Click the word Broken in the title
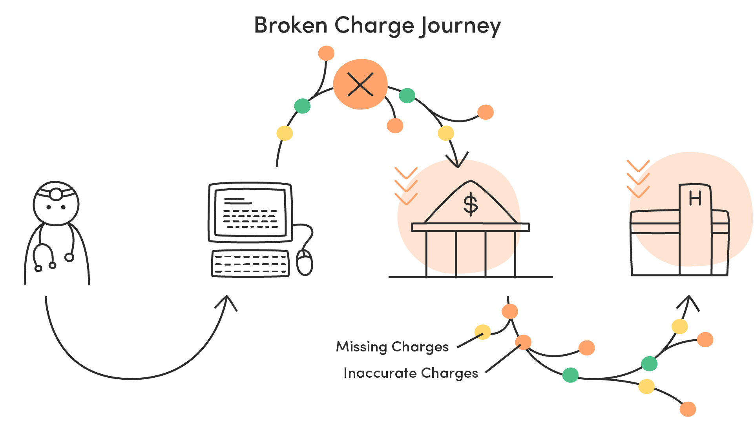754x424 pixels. pos(291,25)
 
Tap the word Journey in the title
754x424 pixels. pos(460,27)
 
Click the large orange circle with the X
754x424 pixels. pos(360,84)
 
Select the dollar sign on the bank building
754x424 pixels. pos(471,204)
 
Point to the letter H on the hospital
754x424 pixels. pos(695,198)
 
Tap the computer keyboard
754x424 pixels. pos(250,264)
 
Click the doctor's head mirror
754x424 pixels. pos(56,194)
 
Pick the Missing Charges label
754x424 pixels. pos(392,347)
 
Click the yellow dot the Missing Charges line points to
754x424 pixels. pos(482,332)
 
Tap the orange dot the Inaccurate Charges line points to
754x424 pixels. pos(523,342)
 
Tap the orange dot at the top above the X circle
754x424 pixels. pos(326,53)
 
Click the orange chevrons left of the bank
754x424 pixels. pos(406,186)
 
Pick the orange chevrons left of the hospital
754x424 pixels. pos(638,179)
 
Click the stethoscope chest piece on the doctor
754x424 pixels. pos(69,257)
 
